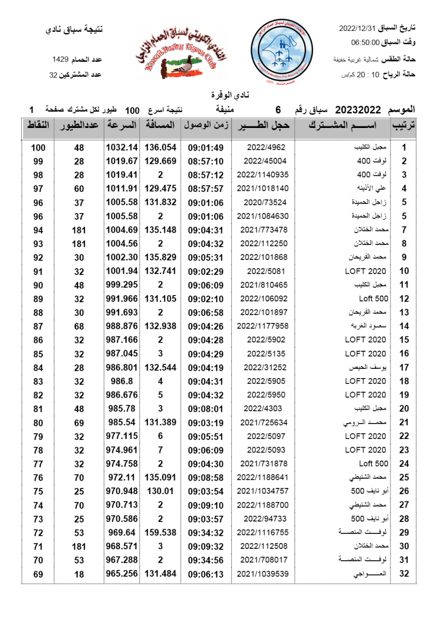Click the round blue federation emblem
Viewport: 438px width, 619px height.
click(282, 51)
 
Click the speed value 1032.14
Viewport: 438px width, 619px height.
click(122, 147)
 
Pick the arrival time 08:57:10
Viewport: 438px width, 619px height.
click(206, 161)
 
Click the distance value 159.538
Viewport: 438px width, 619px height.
click(160, 532)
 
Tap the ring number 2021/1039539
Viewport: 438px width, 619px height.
click(263, 574)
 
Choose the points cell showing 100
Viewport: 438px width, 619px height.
click(38, 148)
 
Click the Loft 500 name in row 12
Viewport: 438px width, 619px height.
click(373, 299)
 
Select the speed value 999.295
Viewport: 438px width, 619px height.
click(122, 285)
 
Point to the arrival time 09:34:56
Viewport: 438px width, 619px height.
click(206, 560)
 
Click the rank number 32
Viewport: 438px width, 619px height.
click(404, 574)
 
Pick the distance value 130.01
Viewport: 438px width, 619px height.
click(160, 491)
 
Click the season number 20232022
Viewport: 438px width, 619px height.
click(358, 109)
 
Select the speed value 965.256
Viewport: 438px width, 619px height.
click(122, 574)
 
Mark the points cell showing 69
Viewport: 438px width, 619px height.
click(38, 574)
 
